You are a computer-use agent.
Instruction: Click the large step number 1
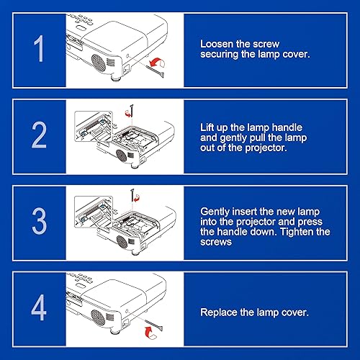pyautogui.click(x=39, y=48)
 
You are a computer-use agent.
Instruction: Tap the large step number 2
pyautogui.click(x=39, y=135)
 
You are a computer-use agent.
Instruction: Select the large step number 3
pyautogui.click(x=39, y=221)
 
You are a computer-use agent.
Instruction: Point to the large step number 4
pyautogui.click(x=39, y=307)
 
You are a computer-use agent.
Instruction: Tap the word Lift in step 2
pyautogui.click(x=207, y=127)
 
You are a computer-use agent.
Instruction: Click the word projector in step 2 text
pyautogui.click(x=266, y=148)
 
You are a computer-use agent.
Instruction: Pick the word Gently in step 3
pyautogui.click(x=215, y=212)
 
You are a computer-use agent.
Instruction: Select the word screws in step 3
pyautogui.click(x=216, y=242)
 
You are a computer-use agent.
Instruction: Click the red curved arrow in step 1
pyautogui.click(x=157, y=62)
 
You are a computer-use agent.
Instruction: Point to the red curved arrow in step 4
pyautogui.click(x=151, y=333)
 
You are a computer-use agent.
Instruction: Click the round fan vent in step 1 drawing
pyautogui.click(x=99, y=63)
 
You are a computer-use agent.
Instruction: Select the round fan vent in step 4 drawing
pyautogui.click(x=98, y=318)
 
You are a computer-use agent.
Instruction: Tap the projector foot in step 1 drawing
pyautogui.click(x=116, y=78)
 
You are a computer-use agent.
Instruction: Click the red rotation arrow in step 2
pyautogui.click(x=128, y=113)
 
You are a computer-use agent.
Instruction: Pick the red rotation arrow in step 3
pyautogui.click(x=136, y=198)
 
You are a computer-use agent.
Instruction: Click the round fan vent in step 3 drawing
pyautogui.click(x=122, y=241)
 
